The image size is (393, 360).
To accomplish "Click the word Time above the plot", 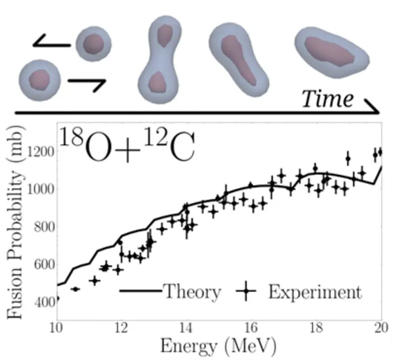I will (327, 99).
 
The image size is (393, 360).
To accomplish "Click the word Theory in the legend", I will (191, 292).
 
